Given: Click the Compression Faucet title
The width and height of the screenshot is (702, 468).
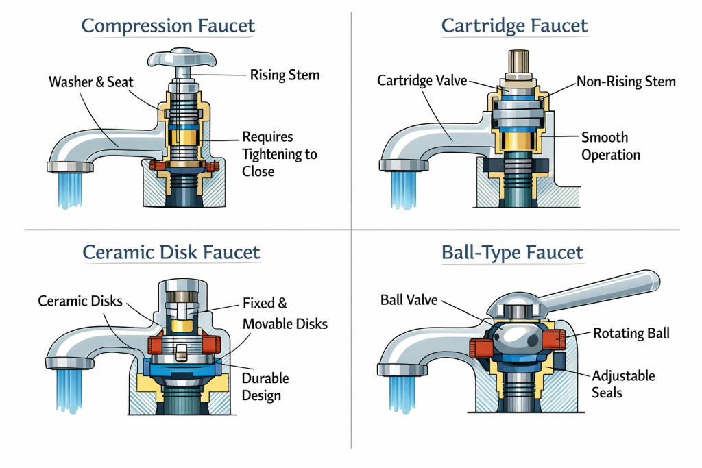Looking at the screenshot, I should tap(168, 27).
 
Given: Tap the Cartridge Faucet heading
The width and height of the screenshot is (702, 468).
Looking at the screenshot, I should tap(514, 26).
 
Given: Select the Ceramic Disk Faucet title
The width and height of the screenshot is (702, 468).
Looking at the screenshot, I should tap(171, 252).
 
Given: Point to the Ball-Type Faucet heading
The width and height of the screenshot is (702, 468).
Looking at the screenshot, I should tap(513, 252).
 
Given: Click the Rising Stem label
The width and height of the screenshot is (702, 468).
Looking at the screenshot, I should tap(285, 75).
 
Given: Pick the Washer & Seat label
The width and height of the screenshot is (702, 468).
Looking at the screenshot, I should tap(91, 82).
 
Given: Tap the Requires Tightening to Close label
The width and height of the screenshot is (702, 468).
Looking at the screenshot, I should tap(279, 153).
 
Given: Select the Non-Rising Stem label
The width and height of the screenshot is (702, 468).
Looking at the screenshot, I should tap(625, 82).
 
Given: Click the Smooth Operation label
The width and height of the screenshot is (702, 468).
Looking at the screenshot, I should tap(610, 146).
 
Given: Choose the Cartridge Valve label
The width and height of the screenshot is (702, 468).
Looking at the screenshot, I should tap(422, 81).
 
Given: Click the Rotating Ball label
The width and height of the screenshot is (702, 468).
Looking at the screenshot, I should tap(631, 334).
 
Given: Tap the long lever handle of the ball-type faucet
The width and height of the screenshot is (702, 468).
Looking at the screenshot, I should tap(603, 288).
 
